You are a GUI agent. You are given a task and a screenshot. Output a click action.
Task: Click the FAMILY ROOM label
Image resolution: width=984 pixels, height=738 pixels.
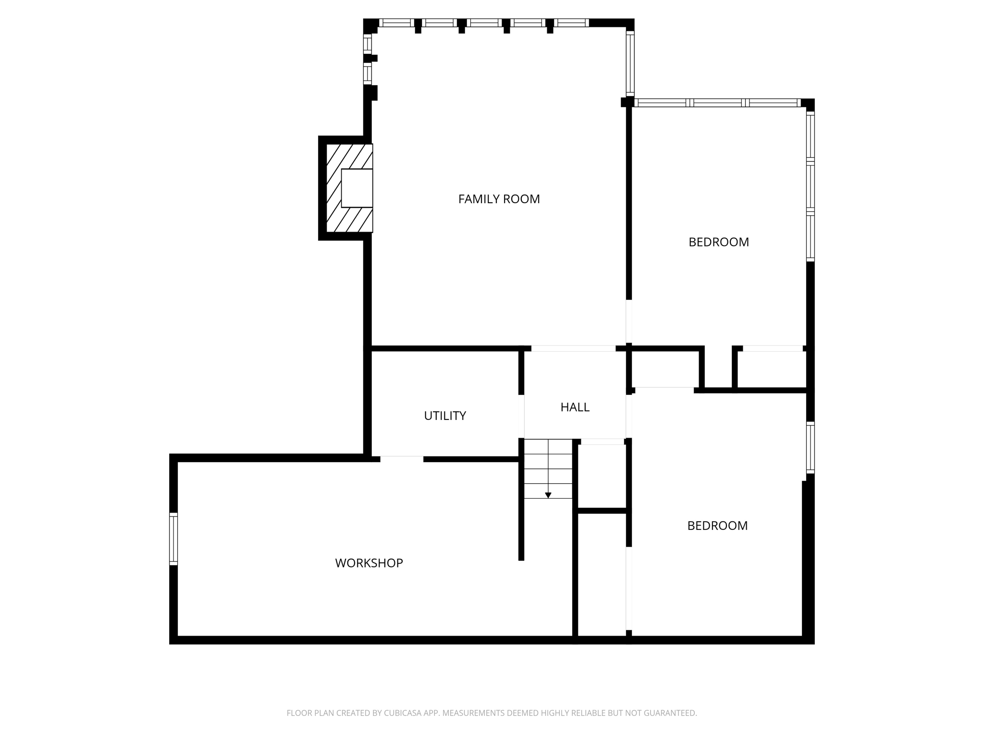(499, 199)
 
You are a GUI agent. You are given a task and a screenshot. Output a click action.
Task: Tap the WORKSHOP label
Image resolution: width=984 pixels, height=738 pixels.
(369, 563)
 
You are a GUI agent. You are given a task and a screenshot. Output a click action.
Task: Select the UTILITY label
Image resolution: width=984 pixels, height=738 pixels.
(445, 416)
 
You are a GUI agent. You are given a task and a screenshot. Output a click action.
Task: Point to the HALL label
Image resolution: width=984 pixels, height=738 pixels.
(575, 407)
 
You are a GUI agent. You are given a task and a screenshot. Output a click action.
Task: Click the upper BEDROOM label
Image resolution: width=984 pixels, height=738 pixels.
(718, 242)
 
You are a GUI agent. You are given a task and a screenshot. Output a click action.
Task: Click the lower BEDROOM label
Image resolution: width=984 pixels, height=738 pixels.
(717, 526)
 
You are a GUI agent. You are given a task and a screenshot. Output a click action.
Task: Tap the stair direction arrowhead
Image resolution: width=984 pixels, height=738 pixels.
(548, 495)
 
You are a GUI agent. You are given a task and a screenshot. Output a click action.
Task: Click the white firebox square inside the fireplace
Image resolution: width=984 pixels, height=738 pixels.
(357, 188)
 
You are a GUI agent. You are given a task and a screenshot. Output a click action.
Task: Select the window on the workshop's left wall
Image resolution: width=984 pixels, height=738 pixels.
(173, 538)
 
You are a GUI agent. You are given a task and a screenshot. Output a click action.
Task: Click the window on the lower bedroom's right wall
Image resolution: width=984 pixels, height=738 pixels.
(810, 448)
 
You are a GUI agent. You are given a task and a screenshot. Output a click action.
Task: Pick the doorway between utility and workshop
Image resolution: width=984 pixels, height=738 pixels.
(402, 459)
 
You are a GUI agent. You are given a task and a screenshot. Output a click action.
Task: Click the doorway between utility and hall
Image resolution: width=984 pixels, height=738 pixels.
(521, 416)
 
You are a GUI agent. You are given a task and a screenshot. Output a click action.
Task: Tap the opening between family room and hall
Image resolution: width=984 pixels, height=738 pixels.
(573, 348)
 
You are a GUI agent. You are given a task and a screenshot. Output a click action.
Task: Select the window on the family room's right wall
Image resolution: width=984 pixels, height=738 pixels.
(630, 64)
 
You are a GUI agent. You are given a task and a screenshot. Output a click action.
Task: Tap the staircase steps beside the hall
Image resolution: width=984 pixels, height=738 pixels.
(548, 468)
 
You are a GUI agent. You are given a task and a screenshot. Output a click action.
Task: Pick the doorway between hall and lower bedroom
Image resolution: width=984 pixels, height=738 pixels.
(628, 416)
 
